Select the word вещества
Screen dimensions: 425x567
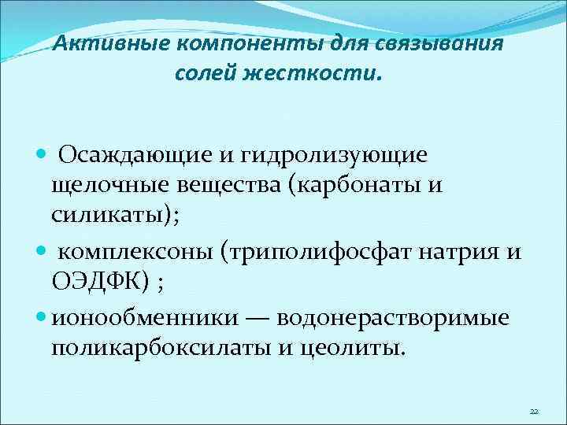[232, 187]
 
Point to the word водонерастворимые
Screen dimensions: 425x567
[391, 319]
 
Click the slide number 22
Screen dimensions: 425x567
[534, 412]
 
